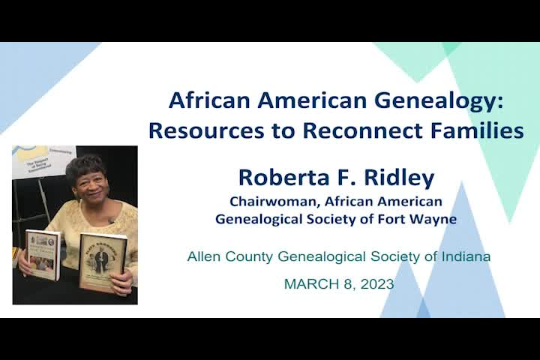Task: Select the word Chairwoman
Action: coord(268,202)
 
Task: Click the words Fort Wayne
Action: coord(423,219)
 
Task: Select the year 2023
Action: coord(377,284)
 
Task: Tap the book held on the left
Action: coord(43,253)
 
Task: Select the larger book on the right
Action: coord(102,262)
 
